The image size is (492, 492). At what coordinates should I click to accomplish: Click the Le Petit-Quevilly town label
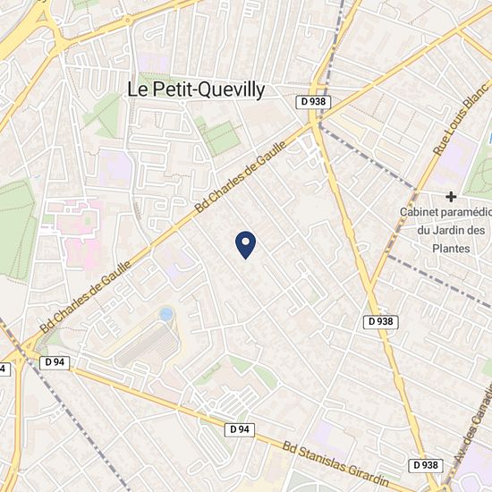click(197, 88)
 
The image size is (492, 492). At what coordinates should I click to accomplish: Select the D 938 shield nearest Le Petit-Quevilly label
click(313, 102)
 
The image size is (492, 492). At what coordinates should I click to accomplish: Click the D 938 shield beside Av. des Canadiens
click(427, 465)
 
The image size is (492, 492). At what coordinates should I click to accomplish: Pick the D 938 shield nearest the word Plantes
click(382, 321)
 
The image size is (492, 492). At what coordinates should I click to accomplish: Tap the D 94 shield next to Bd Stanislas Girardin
click(239, 429)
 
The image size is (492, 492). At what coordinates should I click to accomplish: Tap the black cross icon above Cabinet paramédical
click(452, 196)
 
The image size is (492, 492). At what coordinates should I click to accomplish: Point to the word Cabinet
click(425, 212)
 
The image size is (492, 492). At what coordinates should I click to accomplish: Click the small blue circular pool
click(165, 314)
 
